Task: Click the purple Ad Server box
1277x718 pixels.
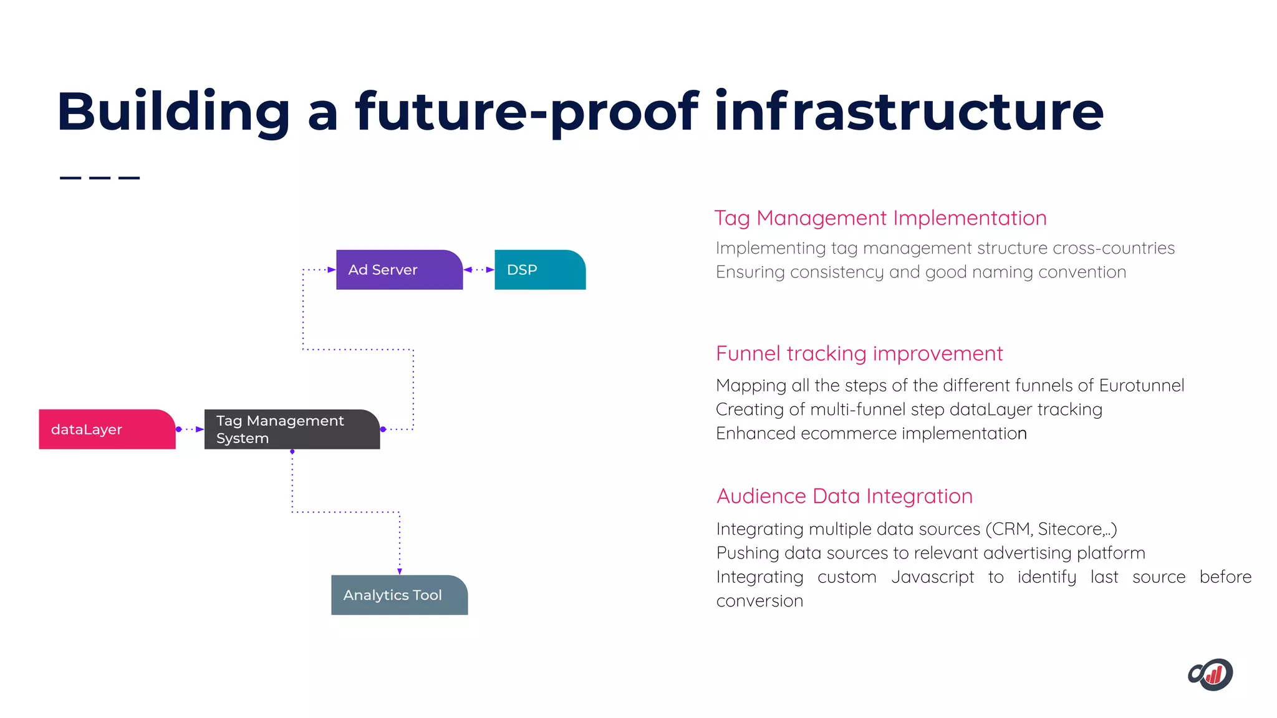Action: coord(399,270)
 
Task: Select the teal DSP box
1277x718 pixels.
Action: coord(539,270)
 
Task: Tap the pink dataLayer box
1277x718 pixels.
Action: coord(107,429)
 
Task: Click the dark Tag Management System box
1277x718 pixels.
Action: coord(292,429)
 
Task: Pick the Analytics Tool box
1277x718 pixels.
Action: coord(399,595)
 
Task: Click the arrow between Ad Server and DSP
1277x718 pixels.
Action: coord(479,270)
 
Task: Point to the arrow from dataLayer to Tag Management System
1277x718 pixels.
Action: coord(190,429)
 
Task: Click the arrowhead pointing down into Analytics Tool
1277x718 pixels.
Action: coord(400,571)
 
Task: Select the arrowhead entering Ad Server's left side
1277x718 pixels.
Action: coord(332,270)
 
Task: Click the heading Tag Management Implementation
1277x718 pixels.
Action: coord(880,218)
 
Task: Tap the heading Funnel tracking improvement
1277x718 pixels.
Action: coord(859,353)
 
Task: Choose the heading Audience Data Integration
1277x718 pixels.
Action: coord(844,496)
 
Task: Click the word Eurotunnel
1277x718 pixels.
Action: coord(1141,385)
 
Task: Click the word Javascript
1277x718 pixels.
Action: coord(932,577)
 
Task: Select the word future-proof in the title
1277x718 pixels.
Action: coord(527,112)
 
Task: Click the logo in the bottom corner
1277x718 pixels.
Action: coord(1210,674)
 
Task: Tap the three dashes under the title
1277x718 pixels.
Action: coord(100,178)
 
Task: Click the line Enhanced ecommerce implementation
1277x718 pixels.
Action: coord(870,433)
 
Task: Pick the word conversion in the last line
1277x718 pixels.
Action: coord(759,601)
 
